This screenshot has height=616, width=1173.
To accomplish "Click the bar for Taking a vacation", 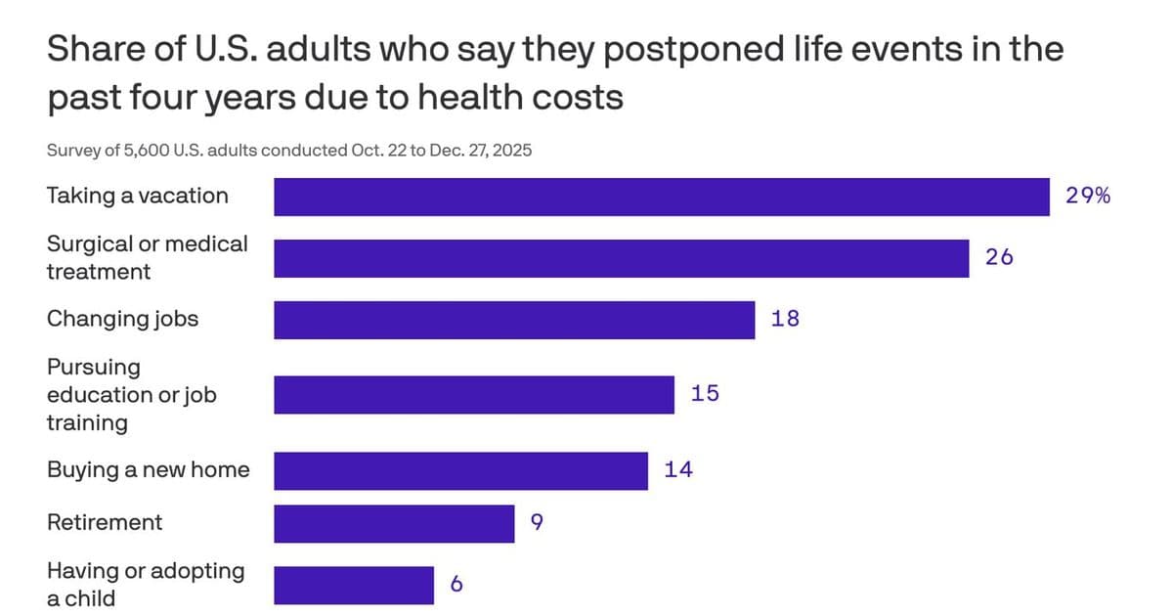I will (661, 197).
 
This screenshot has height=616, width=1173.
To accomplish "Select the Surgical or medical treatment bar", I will (621, 258).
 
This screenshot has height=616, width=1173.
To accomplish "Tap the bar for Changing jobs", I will (514, 320).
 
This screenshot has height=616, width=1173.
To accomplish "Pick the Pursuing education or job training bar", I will (474, 394).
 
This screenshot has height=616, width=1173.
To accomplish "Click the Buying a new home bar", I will (460, 470).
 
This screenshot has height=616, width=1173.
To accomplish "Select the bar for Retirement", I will (394, 523).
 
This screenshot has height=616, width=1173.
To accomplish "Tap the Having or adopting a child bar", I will (354, 585).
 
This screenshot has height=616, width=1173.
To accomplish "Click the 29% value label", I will (1087, 197).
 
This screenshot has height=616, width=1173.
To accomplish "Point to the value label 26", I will (999, 258).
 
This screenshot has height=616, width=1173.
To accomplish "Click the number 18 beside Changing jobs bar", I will (785, 319).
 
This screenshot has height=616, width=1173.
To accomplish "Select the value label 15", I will (705, 394).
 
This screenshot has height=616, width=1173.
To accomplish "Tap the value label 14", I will (678, 470).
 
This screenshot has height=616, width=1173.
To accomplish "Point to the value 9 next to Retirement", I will (537, 523).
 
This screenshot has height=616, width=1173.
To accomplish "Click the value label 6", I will (456, 585).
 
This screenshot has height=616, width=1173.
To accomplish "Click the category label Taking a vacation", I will (138, 196).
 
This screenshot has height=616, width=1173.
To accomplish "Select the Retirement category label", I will (105, 522).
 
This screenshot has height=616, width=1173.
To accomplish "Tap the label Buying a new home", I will (149, 469).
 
